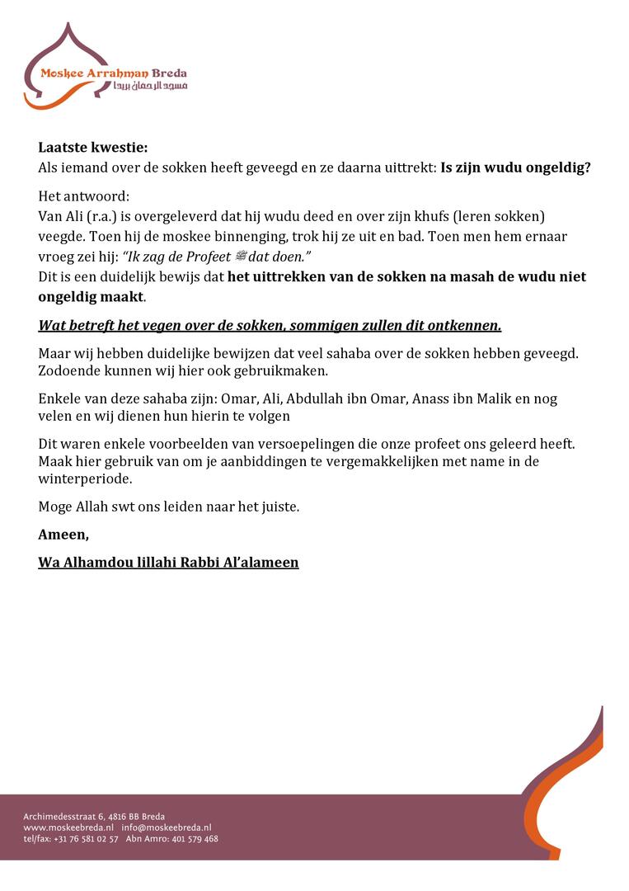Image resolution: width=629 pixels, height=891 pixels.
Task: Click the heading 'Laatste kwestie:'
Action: click(x=93, y=148)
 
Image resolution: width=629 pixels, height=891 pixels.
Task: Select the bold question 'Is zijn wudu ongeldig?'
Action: click(x=515, y=167)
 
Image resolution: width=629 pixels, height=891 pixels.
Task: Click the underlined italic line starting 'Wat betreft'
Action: click(x=270, y=325)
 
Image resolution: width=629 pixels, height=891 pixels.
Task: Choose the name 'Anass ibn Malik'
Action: click(x=451, y=398)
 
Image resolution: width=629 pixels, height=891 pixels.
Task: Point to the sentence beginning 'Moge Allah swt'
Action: click(x=169, y=507)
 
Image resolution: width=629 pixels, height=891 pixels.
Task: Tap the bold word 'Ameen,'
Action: click(x=63, y=535)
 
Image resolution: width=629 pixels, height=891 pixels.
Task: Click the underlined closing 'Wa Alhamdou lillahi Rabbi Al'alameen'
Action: click(x=168, y=563)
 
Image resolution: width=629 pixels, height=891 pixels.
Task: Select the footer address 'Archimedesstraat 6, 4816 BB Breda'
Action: click(x=94, y=817)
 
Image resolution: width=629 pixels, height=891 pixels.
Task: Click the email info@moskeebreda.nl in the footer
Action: click(x=167, y=827)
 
